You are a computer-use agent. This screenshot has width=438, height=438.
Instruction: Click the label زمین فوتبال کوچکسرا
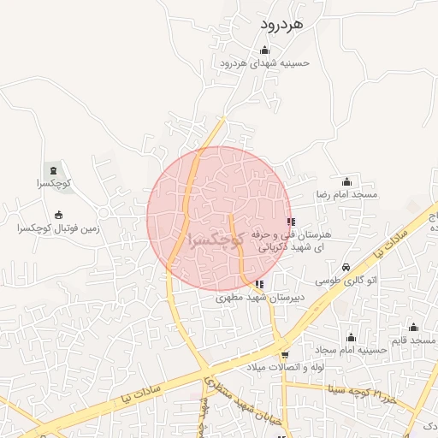pos(59,228)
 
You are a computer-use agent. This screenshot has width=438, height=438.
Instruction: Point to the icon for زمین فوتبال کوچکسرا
pos(58,216)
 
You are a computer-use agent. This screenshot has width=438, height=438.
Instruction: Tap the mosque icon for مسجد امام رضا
pos(346,181)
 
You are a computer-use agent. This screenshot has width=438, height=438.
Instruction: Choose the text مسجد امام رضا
pos(347,194)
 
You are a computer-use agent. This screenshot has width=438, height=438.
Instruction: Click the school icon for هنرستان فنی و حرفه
pos(292,222)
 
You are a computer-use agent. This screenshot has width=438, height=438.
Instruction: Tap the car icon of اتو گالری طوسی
pos(346,267)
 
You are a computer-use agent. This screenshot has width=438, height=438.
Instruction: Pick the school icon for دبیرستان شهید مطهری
pos(259,285)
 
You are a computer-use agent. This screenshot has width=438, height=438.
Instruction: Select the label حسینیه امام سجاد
pos(348,350)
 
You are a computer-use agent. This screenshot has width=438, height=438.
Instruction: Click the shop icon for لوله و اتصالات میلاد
pos(284,354)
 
